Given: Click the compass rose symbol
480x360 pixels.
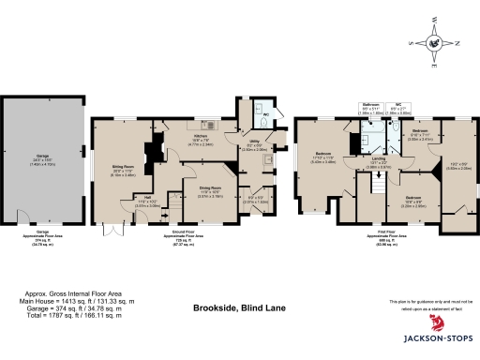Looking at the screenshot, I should pos(432,42).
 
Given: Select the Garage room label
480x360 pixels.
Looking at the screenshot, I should pos(42,159).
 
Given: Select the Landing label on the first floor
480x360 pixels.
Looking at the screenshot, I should pos(380,160).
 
